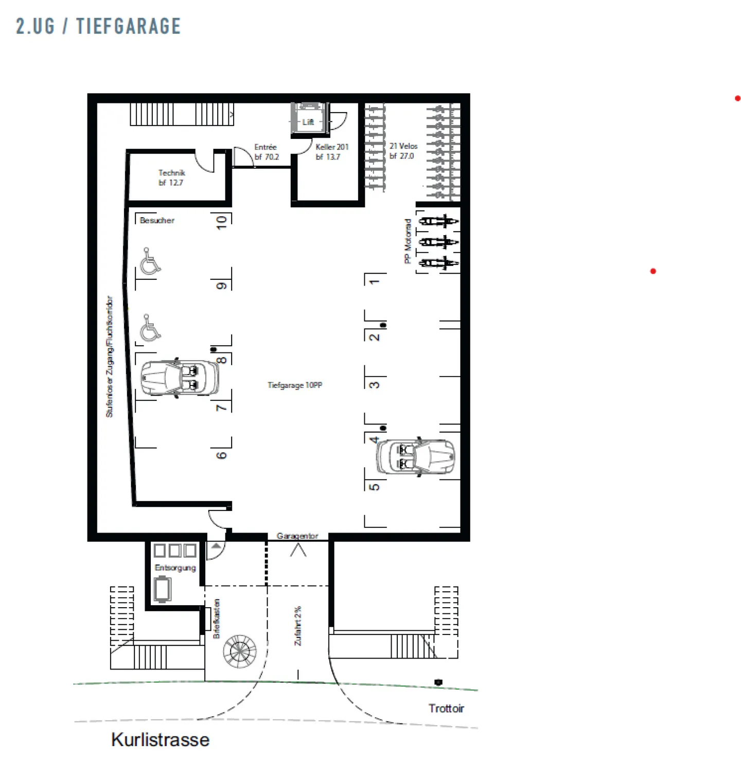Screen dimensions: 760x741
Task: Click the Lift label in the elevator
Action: pos(308,122)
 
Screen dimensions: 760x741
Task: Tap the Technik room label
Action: pos(171,178)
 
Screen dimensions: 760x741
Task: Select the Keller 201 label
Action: pos(331,152)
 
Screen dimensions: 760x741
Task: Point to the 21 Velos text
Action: pos(403,151)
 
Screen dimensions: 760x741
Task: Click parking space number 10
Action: pos(221,222)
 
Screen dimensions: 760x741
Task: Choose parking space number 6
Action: pos(221,455)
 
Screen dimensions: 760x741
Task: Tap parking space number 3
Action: pos(375,384)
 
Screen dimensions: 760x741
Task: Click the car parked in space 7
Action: pos(179,378)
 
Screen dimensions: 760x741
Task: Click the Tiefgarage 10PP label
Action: pos(294,385)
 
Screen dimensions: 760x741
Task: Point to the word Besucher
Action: pos(157,220)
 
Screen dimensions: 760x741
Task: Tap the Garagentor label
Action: pos(297,536)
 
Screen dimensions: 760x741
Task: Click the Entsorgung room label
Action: pos(175,568)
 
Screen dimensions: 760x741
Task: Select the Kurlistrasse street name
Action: pos(160,739)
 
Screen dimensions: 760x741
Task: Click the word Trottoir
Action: pos(446,709)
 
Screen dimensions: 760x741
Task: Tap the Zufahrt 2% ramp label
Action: pos(298,626)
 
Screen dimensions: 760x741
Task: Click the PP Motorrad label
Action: pos(408,241)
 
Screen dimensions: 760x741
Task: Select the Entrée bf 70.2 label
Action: pos(266,152)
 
